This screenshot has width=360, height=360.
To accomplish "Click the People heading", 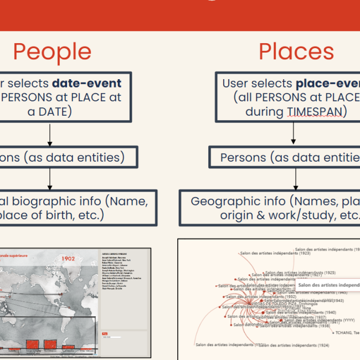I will click(52, 52).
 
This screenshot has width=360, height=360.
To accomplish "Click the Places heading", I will click(296, 52).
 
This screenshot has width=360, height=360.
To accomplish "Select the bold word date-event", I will click(87, 84).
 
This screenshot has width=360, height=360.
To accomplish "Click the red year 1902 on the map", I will click(68, 258).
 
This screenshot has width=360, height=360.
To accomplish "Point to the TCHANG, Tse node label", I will click(348, 333).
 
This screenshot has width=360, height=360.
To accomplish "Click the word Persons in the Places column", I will click(243, 157).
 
